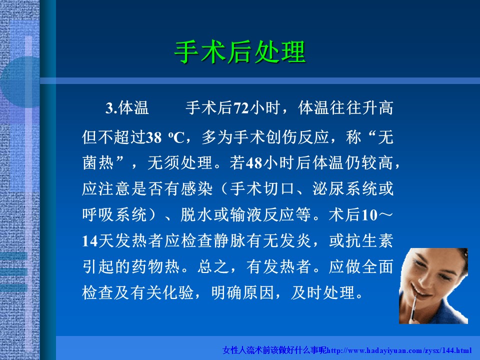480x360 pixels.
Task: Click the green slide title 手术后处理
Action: pyautogui.click(x=240, y=52)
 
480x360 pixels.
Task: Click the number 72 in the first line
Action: pyautogui.click(x=241, y=108)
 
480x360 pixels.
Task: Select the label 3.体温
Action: pyautogui.click(x=127, y=108)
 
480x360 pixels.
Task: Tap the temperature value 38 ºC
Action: pyautogui.click(x=165, y=137)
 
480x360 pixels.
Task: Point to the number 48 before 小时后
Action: pyautogui.click(x=254, y=163)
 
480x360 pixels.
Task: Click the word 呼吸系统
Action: pyautogui.click(x=114, y=214)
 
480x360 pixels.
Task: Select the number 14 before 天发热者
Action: pyautogui.click(x=90, y=241)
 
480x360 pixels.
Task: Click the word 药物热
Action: pyautogui.click(x=156, y=266)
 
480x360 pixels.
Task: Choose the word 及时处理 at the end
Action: pyautogui.click(x=322, y=292)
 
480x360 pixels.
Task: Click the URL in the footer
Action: pyautogui.click(x=398, y=350)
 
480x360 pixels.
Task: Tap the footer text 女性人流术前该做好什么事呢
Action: pyautogui.click(x=274, y=350)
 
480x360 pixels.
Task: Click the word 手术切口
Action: pyautogui.click(x=262, y=188)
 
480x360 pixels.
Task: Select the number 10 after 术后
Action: pyautogui.click(x=369, y=215)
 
